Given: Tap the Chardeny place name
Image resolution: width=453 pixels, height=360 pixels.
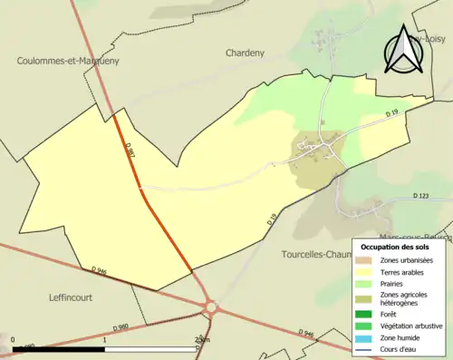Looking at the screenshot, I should coord(245,53).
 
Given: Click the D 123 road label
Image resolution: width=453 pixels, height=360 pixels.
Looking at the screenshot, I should coord(420,196).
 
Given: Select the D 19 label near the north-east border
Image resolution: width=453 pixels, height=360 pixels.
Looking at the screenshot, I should coord(392,113).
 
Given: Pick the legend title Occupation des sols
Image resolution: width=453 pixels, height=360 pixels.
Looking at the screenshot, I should coord(394,247).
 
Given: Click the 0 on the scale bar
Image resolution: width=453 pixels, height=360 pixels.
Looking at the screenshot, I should coord(13,342).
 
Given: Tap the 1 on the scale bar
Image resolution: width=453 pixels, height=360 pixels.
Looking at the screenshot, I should coord(105,342).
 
